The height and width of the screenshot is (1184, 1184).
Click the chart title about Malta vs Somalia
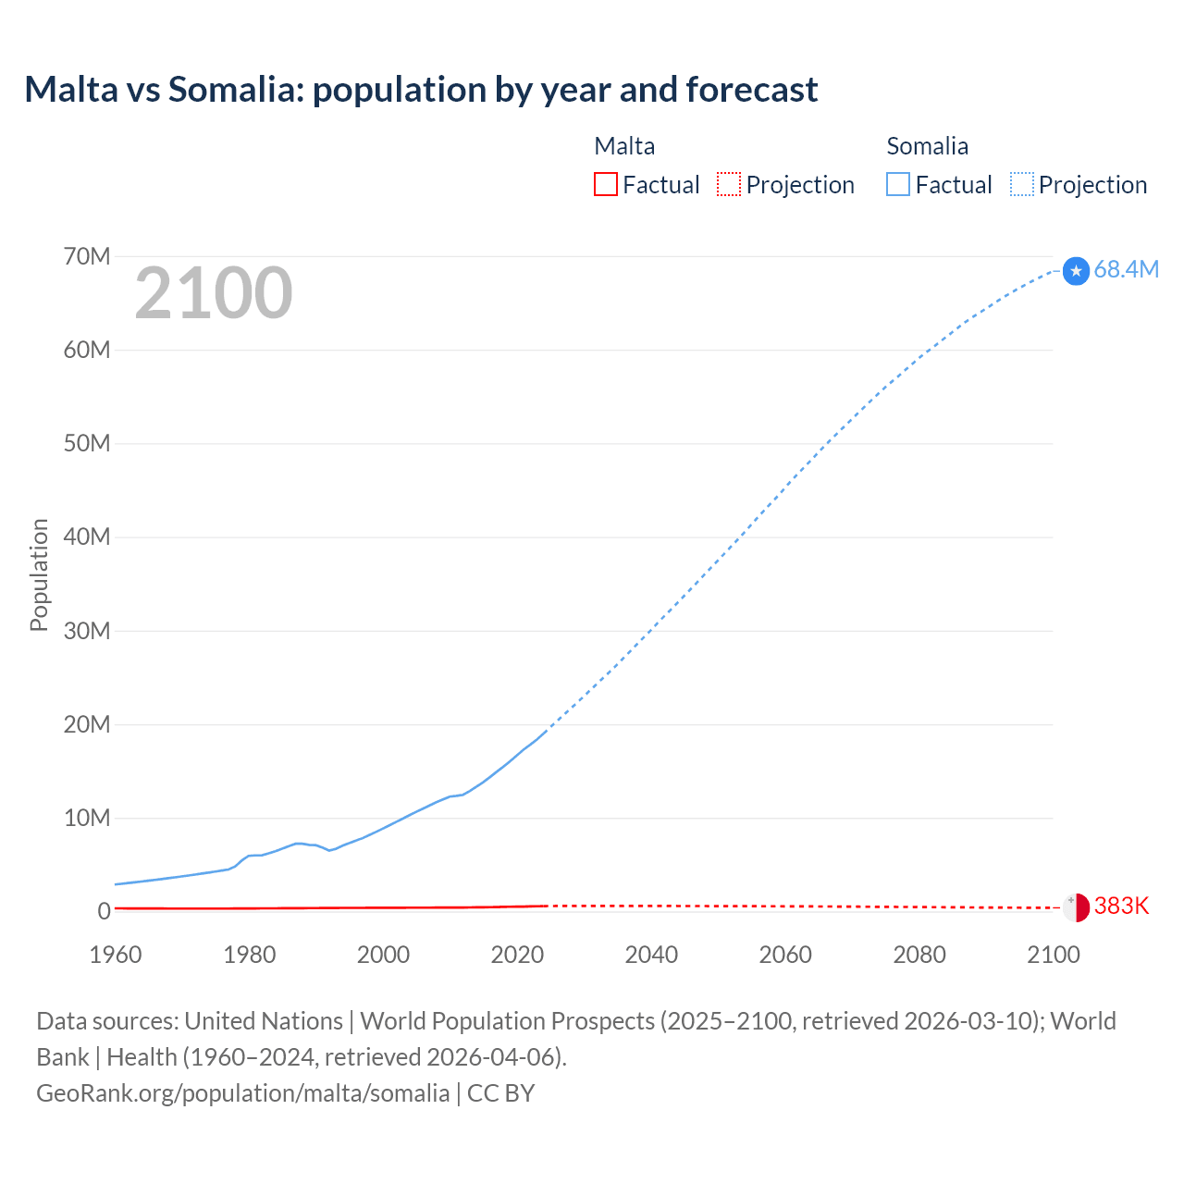click(x=421, y=90)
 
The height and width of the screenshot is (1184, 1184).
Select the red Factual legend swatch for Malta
click(x=605, y=184)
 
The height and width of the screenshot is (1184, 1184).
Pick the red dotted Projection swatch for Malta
click(x=729, y=184)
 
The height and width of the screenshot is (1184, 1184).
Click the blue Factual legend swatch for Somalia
click(x=897, y=184)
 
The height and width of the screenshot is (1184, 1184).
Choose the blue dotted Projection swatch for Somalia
click(x=1022, y=184)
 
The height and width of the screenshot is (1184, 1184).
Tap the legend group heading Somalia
click(x=927, y=146)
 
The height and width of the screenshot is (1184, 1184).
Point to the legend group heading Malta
click(x=624, y=146)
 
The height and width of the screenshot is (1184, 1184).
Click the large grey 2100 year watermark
click(x=214, y=293)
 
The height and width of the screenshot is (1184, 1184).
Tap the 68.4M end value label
click(x=1126, y=269)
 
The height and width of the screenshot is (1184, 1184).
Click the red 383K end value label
click(x=1121, y=906)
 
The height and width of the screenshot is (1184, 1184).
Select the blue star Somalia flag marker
click(x=1076, y=271)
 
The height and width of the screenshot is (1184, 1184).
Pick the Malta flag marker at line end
click(x=1076, y=907)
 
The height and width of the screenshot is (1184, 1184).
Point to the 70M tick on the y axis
click(x=87, y=256)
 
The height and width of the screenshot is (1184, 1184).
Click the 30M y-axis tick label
click(x=87, y=631)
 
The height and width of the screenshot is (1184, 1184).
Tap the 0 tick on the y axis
click(x=104, y=911)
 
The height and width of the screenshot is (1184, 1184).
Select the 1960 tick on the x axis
click(x=116, y=955)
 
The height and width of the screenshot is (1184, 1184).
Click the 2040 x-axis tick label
click(x=651, y=955)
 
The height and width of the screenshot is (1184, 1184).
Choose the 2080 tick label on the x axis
click(x=919, y=955)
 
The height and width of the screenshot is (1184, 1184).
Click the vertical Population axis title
click(x=39, y=574)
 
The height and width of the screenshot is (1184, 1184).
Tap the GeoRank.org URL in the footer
click(x=243, y=1092)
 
